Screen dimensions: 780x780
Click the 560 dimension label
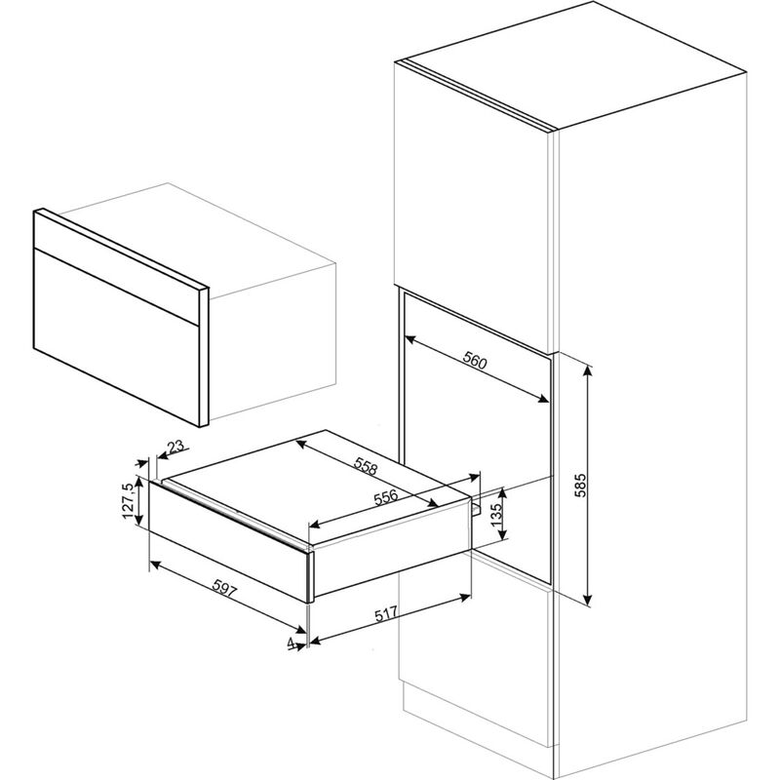coord(474,363)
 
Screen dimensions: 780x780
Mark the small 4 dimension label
coord(292,643)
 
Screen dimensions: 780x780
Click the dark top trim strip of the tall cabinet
coord(478,92)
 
